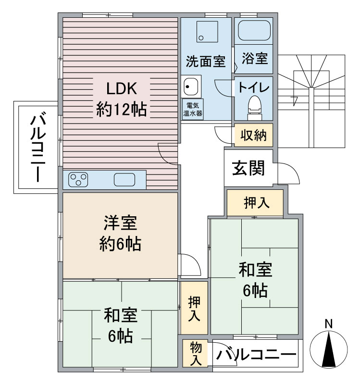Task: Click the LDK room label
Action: coord(122,88)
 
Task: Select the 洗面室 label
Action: coord(206,61)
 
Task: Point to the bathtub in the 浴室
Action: coord(254,32)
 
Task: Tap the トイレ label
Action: coord(253,88)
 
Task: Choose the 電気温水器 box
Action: coord(192,110)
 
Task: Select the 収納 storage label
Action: coord(253,136)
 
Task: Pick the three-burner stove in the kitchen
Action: coord(79,180)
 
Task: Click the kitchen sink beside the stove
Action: coord(125,180)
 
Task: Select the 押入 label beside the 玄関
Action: coord(256,203)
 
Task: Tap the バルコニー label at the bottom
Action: coord(256,355)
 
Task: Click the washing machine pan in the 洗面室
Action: coord(207,31)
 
